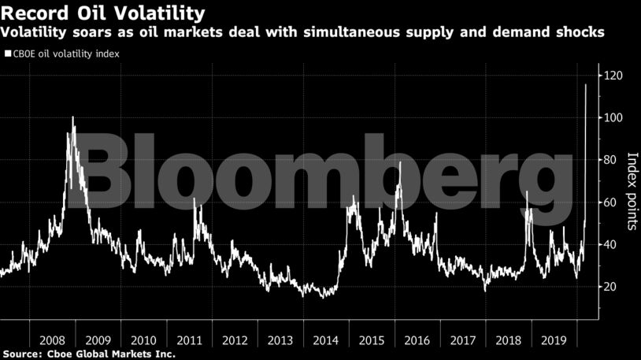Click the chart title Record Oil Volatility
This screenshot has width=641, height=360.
[103, 13]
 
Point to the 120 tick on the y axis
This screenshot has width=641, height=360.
[614, 76]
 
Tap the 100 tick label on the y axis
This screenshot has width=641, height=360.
[614, 118]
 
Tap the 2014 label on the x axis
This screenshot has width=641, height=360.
[325, 340]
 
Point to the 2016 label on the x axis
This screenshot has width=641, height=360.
[417, 340]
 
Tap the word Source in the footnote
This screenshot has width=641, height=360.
[23, 354]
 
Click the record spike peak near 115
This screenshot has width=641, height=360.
[586, 84]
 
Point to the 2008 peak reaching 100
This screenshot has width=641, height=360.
[72, 117]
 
